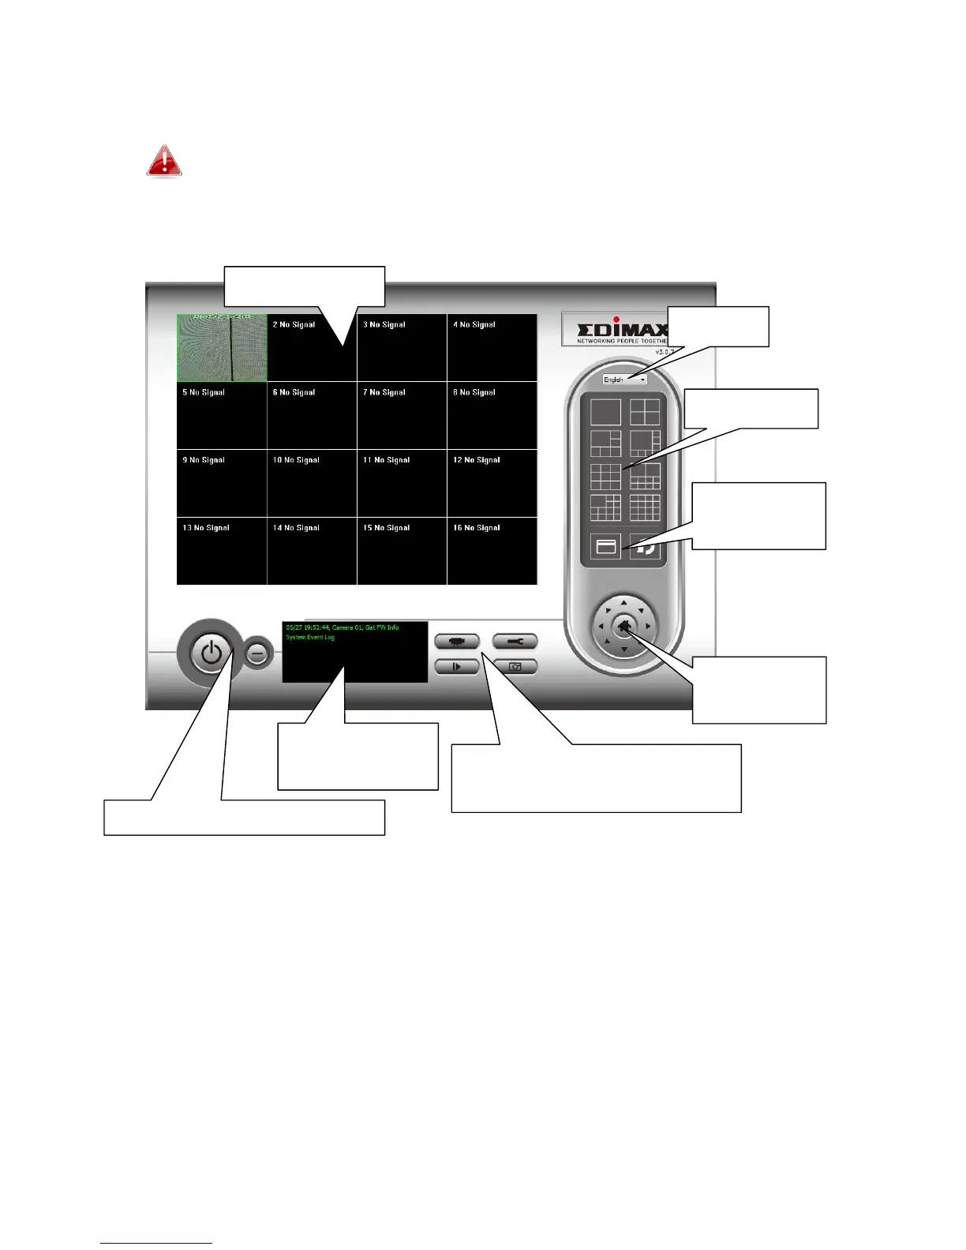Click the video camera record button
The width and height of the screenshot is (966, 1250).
[x=457, y=642]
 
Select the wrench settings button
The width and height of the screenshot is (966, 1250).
[x=515, y=642]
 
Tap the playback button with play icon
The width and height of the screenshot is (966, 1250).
[x=457, y=667]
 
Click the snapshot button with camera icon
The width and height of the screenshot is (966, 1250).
[x=515, y=667]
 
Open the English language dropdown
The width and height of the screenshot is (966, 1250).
[x=624, y=380]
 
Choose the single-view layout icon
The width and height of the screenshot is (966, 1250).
[x=605, y=412]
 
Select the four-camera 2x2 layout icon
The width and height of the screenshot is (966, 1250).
[x=645, y=412]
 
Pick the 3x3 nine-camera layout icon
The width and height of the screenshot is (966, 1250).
[x=605, y=476]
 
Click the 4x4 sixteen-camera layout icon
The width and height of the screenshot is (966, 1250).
[x=645, y=508]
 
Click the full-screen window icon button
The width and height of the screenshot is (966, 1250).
[x=605, y=546]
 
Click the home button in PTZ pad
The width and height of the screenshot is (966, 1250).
[x=623, y=627]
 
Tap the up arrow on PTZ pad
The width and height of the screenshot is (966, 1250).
[x=623, y=604]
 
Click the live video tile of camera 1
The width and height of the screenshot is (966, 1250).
[x=222, y=348]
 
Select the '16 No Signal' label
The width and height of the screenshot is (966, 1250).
[x=477, y=528]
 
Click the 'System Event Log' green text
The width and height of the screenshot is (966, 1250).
[x=310, y=638]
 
